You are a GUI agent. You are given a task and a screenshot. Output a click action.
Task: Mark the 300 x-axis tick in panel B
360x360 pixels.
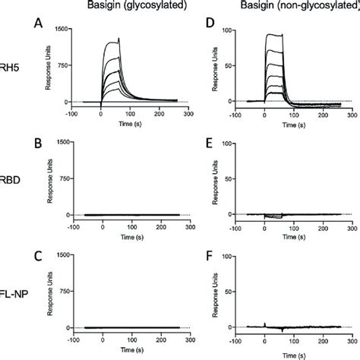[194, 226]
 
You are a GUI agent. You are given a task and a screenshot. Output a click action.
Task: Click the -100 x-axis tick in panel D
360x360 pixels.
[245, 113]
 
